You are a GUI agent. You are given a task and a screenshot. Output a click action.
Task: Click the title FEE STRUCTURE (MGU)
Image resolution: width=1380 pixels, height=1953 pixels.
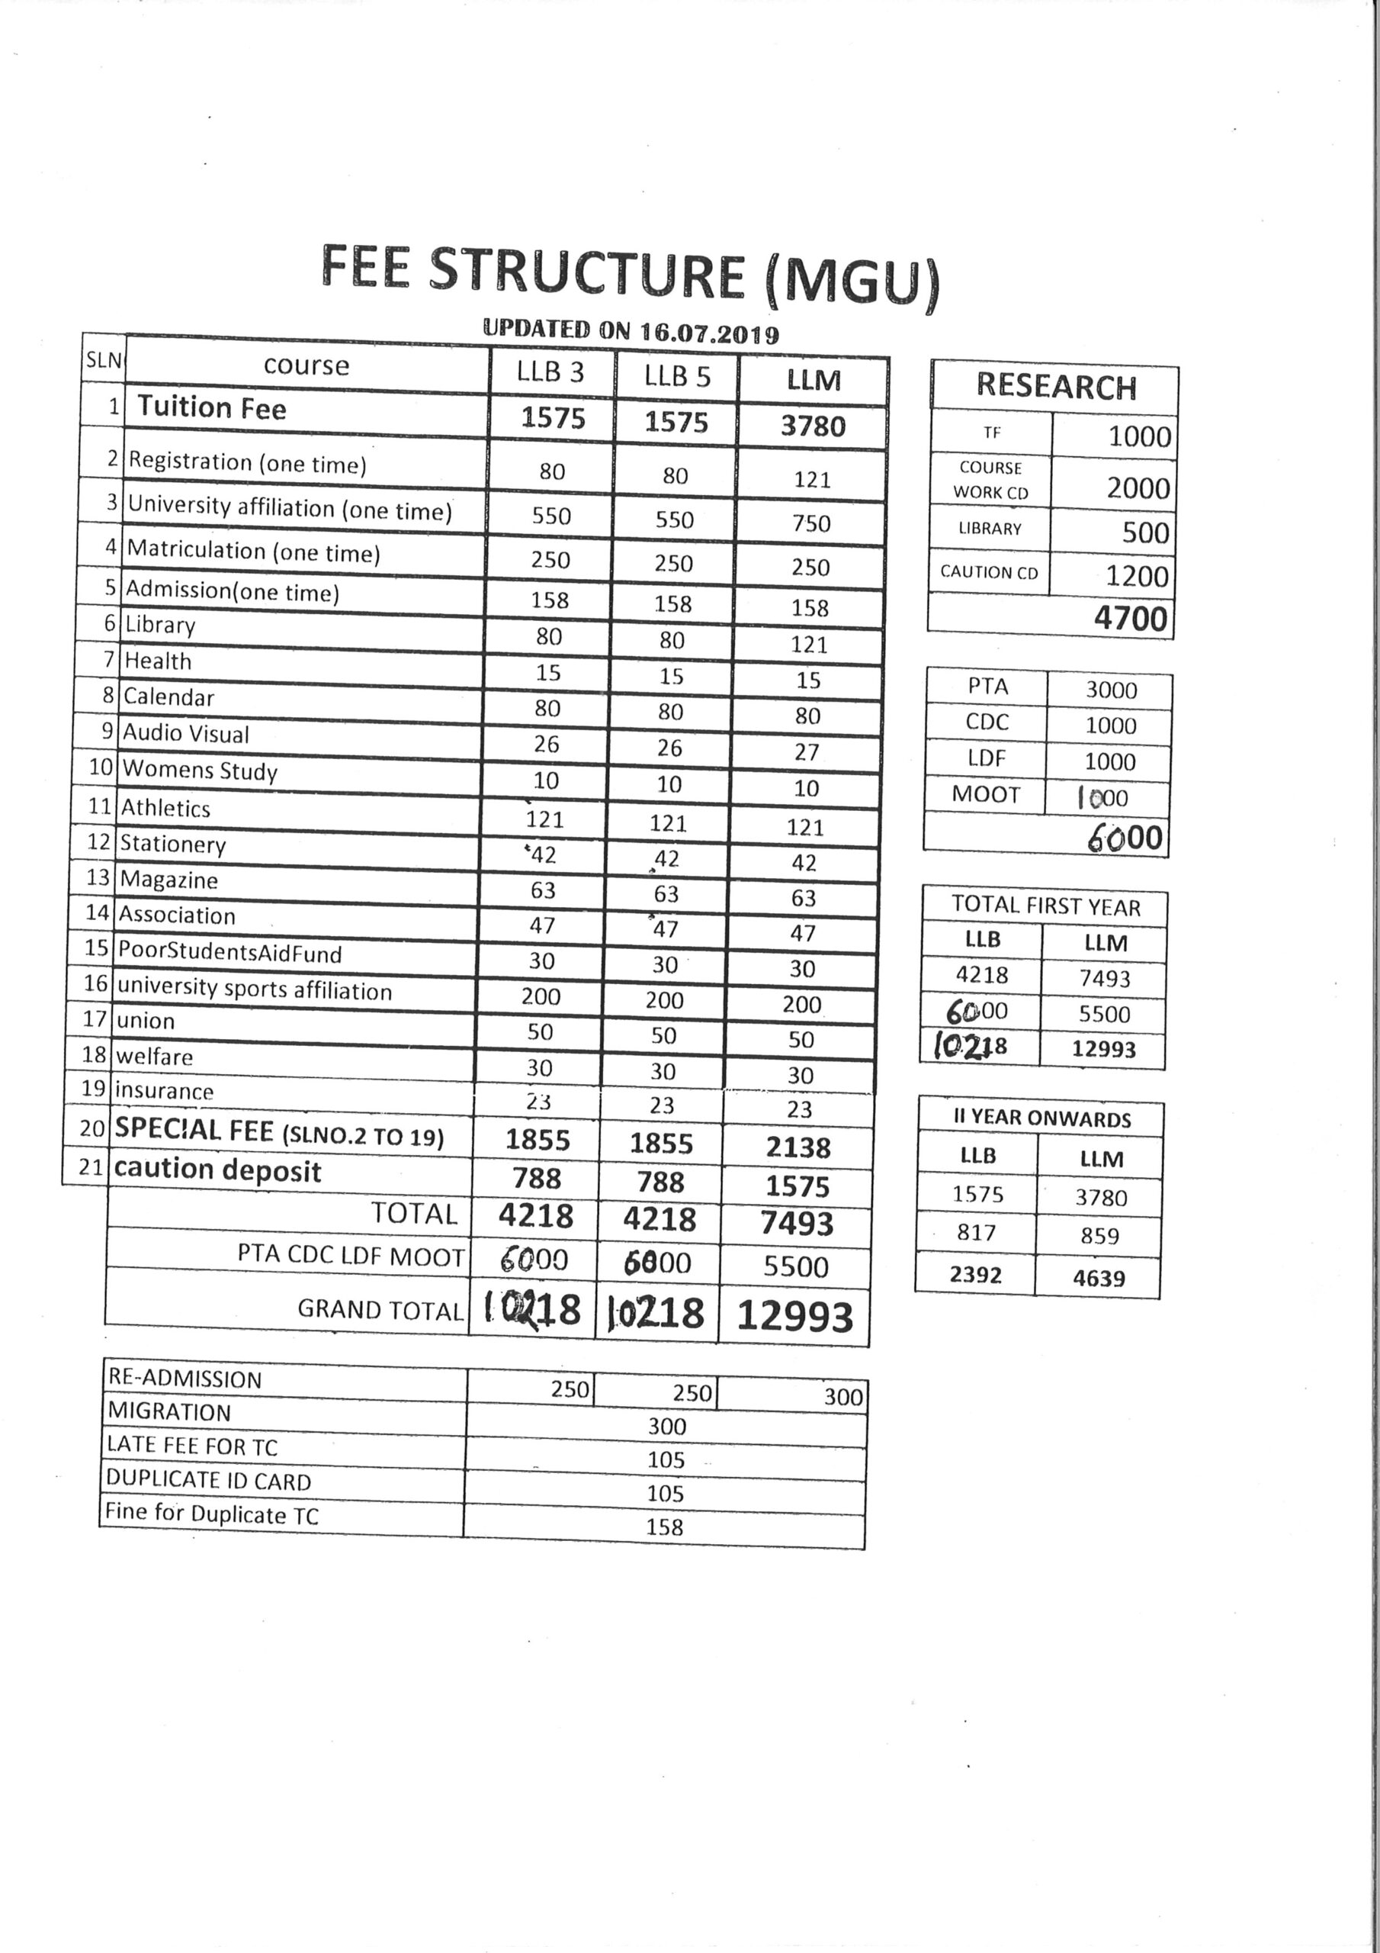click(630, 274)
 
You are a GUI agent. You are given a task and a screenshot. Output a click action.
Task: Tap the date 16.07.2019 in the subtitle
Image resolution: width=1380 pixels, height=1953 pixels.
click(709, 333)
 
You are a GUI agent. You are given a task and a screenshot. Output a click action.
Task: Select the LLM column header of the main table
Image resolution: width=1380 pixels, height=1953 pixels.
click(814, 380)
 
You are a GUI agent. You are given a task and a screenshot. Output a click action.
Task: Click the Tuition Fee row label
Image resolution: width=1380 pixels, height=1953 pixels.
click(212, 407)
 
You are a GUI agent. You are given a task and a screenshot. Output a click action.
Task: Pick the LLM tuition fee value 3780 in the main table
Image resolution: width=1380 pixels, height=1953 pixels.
click(813, 425)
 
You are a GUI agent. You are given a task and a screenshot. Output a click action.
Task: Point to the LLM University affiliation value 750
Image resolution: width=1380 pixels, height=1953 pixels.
click(811, 523)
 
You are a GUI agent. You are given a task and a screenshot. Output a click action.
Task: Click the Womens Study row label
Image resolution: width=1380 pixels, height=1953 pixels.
click(200, 771)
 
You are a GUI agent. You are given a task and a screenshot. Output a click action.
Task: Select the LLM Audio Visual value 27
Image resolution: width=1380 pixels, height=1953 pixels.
click(807, 752)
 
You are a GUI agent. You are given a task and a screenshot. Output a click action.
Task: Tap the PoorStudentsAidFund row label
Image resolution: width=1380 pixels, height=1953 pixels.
click(229, 952)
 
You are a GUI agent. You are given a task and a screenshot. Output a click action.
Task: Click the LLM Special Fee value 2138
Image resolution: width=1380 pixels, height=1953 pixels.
click(798, 1147)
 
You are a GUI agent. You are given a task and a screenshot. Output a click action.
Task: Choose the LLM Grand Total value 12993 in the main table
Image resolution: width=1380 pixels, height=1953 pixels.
click(795, 1316)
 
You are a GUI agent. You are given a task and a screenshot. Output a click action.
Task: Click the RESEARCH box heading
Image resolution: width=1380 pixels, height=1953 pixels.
click(1056, 386)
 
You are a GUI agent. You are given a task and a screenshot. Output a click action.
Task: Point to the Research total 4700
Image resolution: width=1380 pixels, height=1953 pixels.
click(1130, 617)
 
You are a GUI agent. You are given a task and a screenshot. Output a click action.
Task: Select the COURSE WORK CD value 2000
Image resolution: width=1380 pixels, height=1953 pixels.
click(1138, 488)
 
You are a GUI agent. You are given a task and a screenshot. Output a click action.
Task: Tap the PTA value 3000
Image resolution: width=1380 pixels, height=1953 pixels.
click(1110, 690)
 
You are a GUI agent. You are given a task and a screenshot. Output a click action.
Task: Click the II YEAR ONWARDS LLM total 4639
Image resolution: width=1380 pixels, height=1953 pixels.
click(1099, 1279)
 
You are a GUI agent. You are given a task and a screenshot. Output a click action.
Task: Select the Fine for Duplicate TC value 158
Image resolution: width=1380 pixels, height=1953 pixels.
click(664, 1527)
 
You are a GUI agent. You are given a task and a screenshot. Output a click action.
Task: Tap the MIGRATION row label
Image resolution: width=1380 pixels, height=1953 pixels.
click(169, 1413)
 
